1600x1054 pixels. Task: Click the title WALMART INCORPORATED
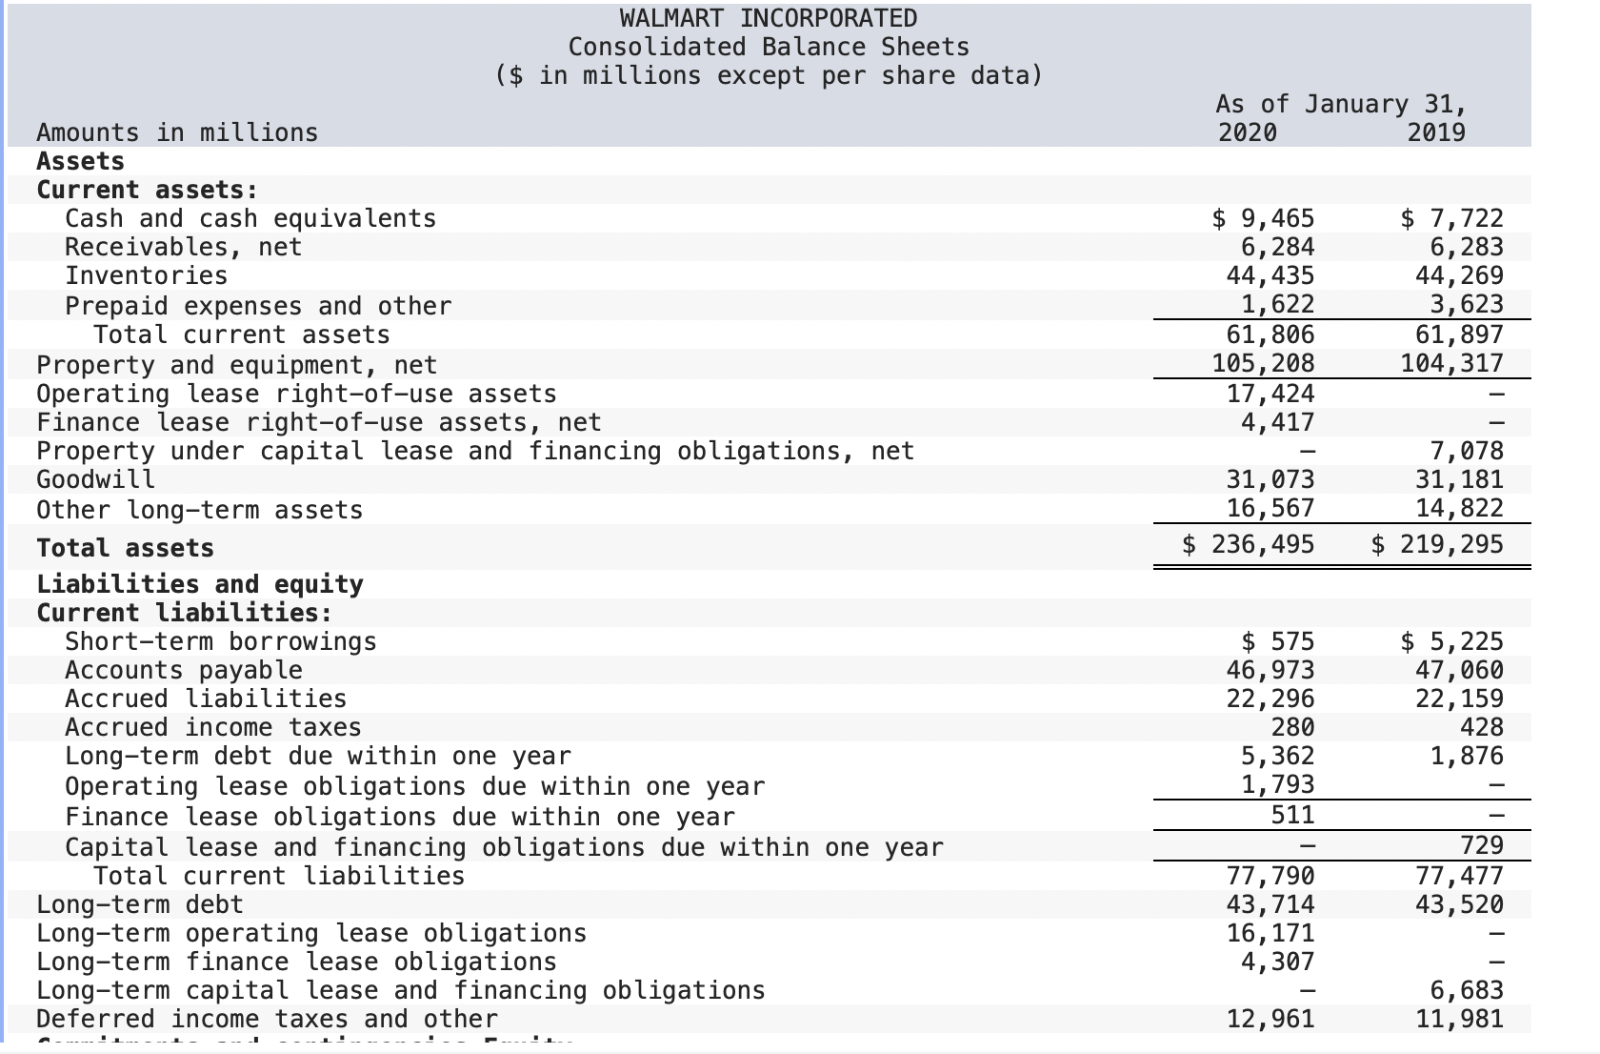(x=768, y=18)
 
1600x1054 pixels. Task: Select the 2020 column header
(x=1248, y=132)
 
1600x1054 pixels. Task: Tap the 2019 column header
(x=1436, y=132)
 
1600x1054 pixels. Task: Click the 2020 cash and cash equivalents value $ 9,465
(x=1263, y=218)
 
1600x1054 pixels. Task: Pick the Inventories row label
(x=146, y=275)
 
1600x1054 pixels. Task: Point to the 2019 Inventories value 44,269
(x=1459, y=275)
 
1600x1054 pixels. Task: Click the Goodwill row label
(x=95, y=478)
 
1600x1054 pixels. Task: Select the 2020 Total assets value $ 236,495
(x=1248, y=544)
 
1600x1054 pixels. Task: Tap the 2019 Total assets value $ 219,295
(x=1436, y=544)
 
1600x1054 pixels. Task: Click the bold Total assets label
(x=125, y=548)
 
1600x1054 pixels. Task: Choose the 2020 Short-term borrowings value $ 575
(x=1279, y=641)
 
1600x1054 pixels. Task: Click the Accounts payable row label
(x=183, y=670)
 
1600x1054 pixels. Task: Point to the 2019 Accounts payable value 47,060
(x=1459, y=670)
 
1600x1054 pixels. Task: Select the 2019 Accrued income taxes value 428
(x=1482, y=727)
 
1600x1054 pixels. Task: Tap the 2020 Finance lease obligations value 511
(x=1292, y=815)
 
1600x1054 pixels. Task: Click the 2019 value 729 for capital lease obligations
(x=1482, y=845)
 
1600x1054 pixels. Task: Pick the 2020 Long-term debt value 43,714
(x=1270, y=904)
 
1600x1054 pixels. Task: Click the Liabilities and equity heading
(x=199, y=584)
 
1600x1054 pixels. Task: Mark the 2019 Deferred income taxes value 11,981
(x=1459, y=1019)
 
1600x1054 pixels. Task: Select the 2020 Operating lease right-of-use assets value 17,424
(x=1270, y=394)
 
